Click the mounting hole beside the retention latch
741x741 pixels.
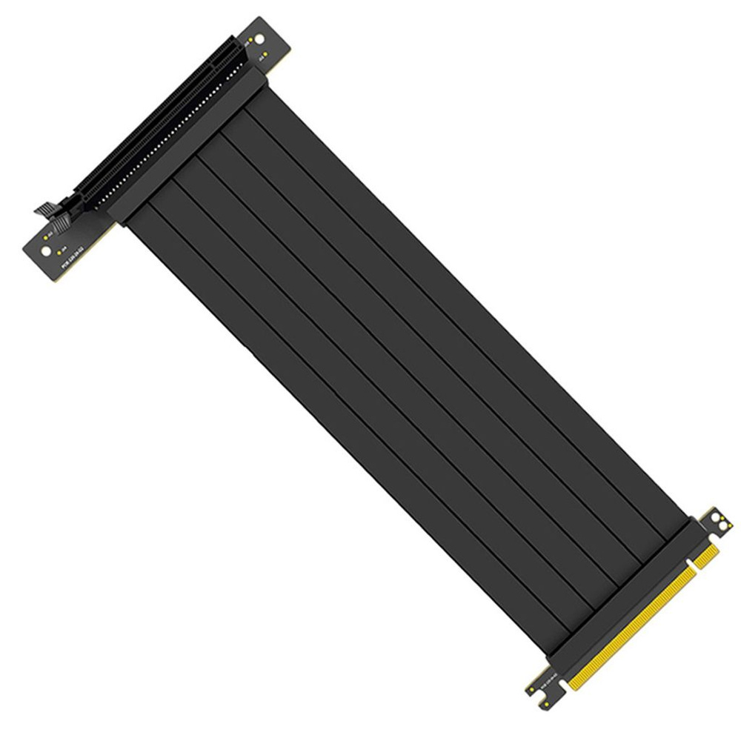tap(46, 250)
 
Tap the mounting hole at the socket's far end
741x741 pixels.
tap(261, 38)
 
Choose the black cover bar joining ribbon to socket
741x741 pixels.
tap(185, 145)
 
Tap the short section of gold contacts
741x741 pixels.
tap(706, 554)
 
